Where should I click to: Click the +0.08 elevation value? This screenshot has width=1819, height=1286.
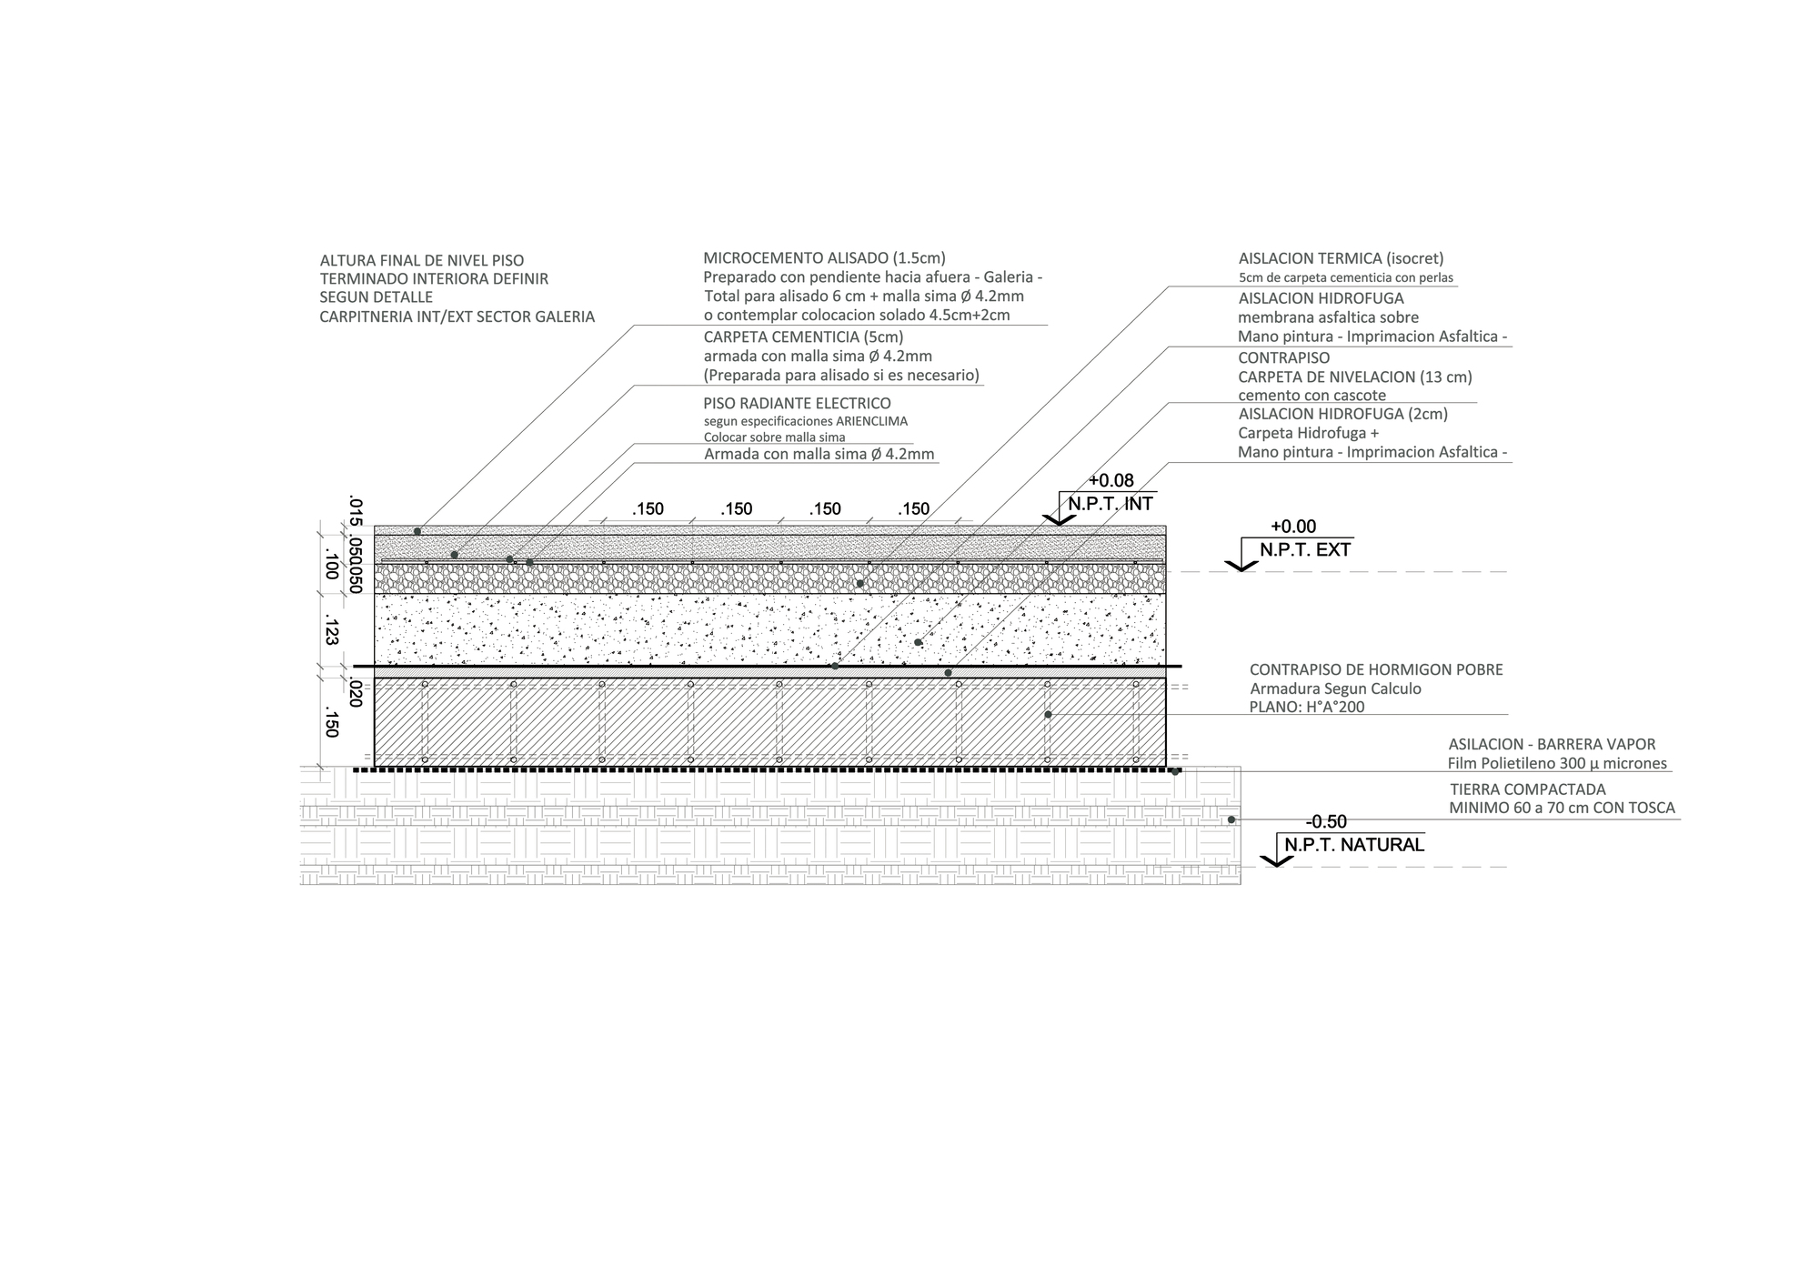coord(1111,481)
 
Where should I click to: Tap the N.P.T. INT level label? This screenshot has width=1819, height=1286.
coord(1110,504)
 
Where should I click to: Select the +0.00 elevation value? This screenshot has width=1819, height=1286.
coord(1293,527)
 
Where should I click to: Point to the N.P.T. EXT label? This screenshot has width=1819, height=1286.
coord(1305,549)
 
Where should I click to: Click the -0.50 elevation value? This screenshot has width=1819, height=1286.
coord(1326,822)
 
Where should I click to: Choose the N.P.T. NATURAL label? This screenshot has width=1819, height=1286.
coord(1354,845)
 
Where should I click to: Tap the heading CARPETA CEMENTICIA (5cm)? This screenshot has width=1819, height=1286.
coord(804,337)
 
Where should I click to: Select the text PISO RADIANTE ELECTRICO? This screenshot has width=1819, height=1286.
coord(798,403)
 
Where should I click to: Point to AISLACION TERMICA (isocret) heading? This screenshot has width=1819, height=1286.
coord(1341,258)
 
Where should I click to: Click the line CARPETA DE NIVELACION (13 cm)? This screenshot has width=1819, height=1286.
coord(1355,377)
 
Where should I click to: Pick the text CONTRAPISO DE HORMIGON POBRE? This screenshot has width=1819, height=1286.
coord(1376,669)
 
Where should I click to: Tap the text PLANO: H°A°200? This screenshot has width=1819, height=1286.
coord(1307,707)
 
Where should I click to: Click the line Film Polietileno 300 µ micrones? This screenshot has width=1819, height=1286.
coord(1557,764)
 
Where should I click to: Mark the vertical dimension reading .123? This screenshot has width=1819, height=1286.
coord(331,631)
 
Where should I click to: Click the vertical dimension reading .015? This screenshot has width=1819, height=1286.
coord(356,512)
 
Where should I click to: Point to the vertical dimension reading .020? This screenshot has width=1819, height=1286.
coord(356,694)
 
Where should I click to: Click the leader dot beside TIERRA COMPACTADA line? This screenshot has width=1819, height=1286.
coord(1231,819)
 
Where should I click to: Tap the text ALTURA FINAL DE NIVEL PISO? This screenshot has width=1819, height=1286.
coord(422,261)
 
